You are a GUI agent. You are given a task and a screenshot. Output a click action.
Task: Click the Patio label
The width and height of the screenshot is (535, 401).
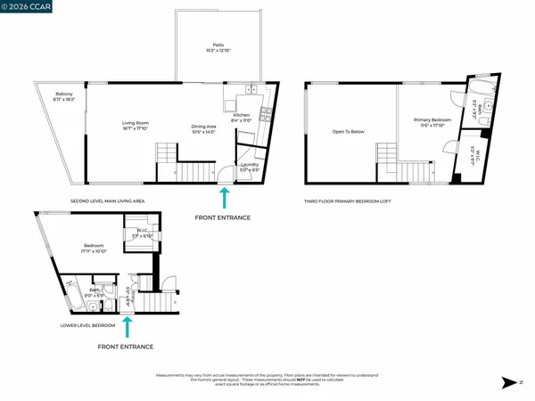point(218,46)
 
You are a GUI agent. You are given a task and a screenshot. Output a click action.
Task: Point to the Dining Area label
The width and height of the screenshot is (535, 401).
point(204,128)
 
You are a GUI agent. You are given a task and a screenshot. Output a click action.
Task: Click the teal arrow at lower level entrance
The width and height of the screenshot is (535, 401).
point(128,327)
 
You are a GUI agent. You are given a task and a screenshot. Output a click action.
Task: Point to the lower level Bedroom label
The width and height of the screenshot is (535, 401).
point(95,248)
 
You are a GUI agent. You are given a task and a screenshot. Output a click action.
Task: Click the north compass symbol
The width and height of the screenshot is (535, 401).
point(508,382)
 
